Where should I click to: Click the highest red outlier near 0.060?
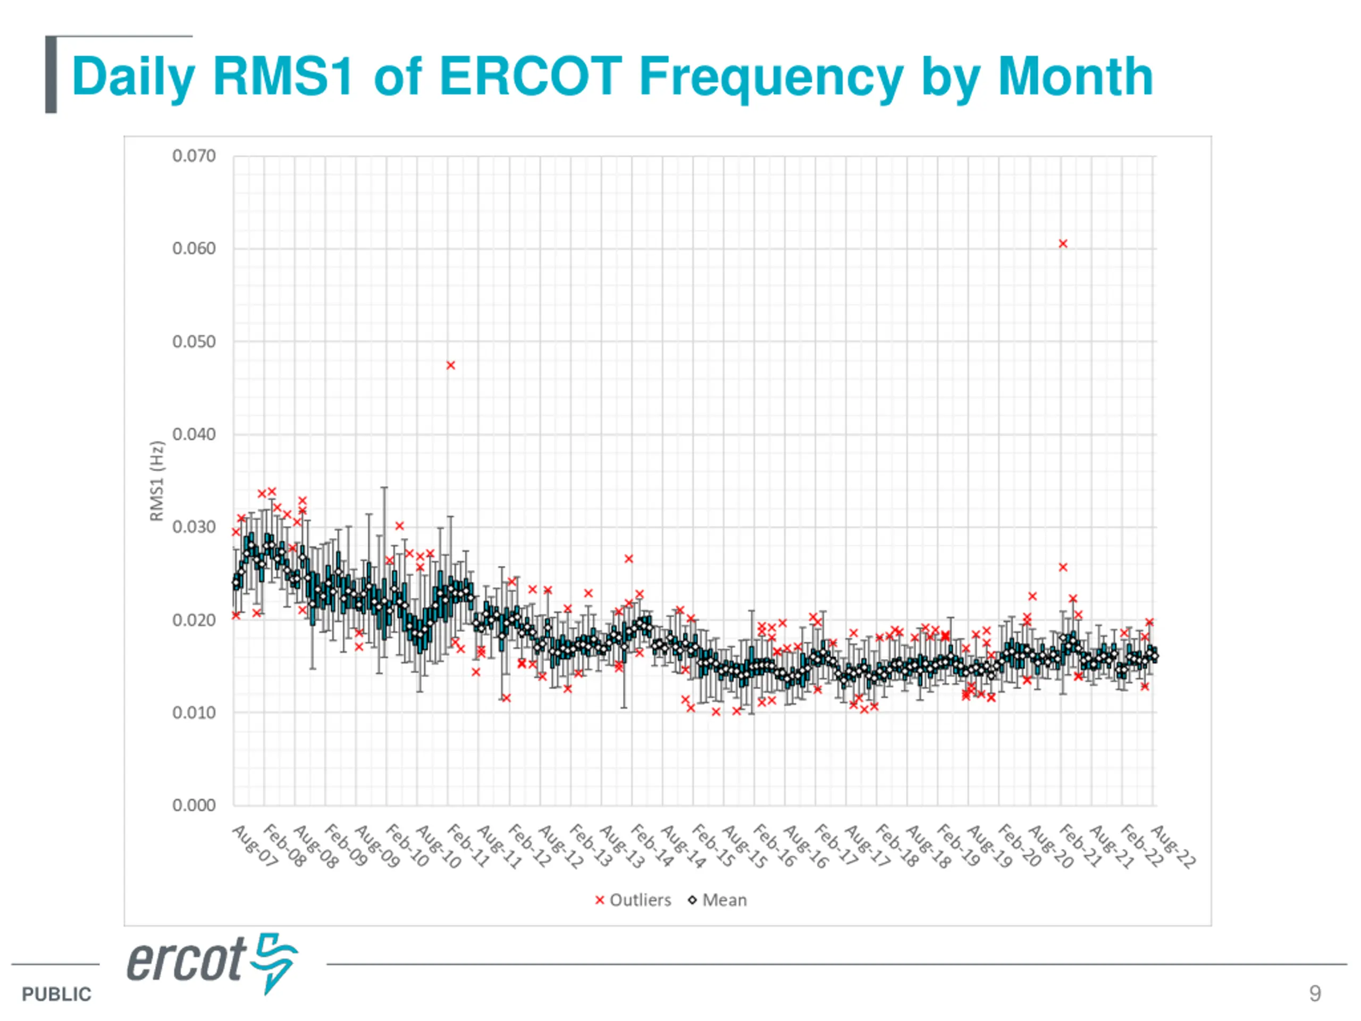pyautogui.click(x=1063, y=244)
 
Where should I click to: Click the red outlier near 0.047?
pyautogui.click(x=450, y=365)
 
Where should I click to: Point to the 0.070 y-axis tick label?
pyautogui.click(x=194, y=156)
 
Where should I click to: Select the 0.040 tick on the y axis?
pyautogui.click(x=194, y=434)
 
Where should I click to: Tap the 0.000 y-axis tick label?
pyautogui.click(x=194, y=806)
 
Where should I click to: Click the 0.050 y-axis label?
pyautogui.click(x=194, y=342)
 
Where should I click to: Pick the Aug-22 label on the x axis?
pyautogui.click(x=1173, y=847)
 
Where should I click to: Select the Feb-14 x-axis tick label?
pyautogui.click(x=652, y=847)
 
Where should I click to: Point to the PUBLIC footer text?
pyautogui.click(x=56, y=994)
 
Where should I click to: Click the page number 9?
pyautogui.click(x=1315, y=993)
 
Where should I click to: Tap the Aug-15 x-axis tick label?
pyautogui.click(x=744, y=847)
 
